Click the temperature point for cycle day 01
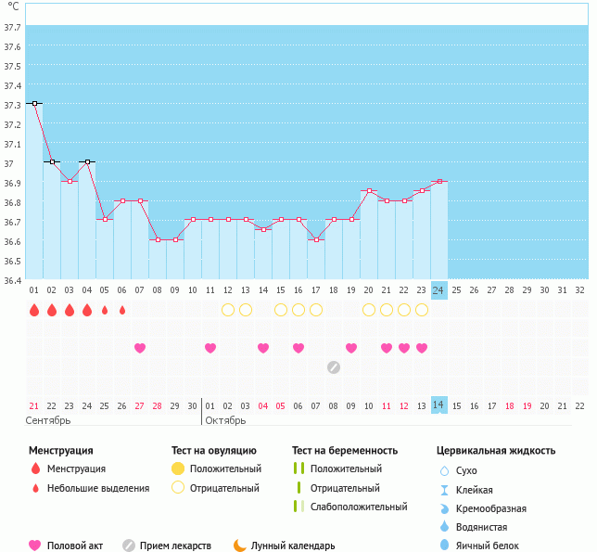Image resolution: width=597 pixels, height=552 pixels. click(x=34, y=104)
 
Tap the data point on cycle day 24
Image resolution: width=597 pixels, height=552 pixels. click(x=438, y=182)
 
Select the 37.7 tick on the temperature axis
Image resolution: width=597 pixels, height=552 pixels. click(x=13, y=27)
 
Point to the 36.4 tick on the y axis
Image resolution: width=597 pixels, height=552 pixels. click(x=13, y=279)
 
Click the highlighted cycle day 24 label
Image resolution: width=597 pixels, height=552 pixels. click(x=438, y=290)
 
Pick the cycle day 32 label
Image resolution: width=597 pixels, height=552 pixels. click(x=579, y=290)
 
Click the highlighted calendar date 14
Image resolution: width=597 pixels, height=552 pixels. click(x=438, y=406)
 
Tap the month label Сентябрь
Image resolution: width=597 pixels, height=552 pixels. click(x=48, y=421)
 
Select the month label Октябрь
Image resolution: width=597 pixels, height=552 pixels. click(x=225, y=421)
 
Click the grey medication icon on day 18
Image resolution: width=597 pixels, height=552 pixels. click(x=334, y=367)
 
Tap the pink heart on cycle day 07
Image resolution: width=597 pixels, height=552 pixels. click(x=140, y=348)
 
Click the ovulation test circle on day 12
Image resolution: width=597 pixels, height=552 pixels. click(x=228, y=310)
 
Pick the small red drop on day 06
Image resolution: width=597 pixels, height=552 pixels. click(x=122, y=310)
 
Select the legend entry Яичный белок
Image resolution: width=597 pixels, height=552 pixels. click(x=493, y=546)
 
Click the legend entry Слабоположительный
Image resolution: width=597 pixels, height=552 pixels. click(x=359, y=507)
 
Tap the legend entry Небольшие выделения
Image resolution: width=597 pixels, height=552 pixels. click(x=98, y=488)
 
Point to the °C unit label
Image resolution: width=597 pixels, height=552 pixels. click(x=12, y=6)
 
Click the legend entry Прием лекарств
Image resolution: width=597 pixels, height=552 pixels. click(x=175, y=546)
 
